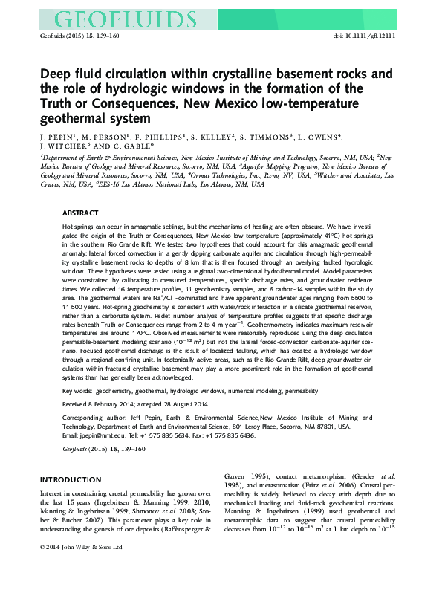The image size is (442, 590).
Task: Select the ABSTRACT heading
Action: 79,212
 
